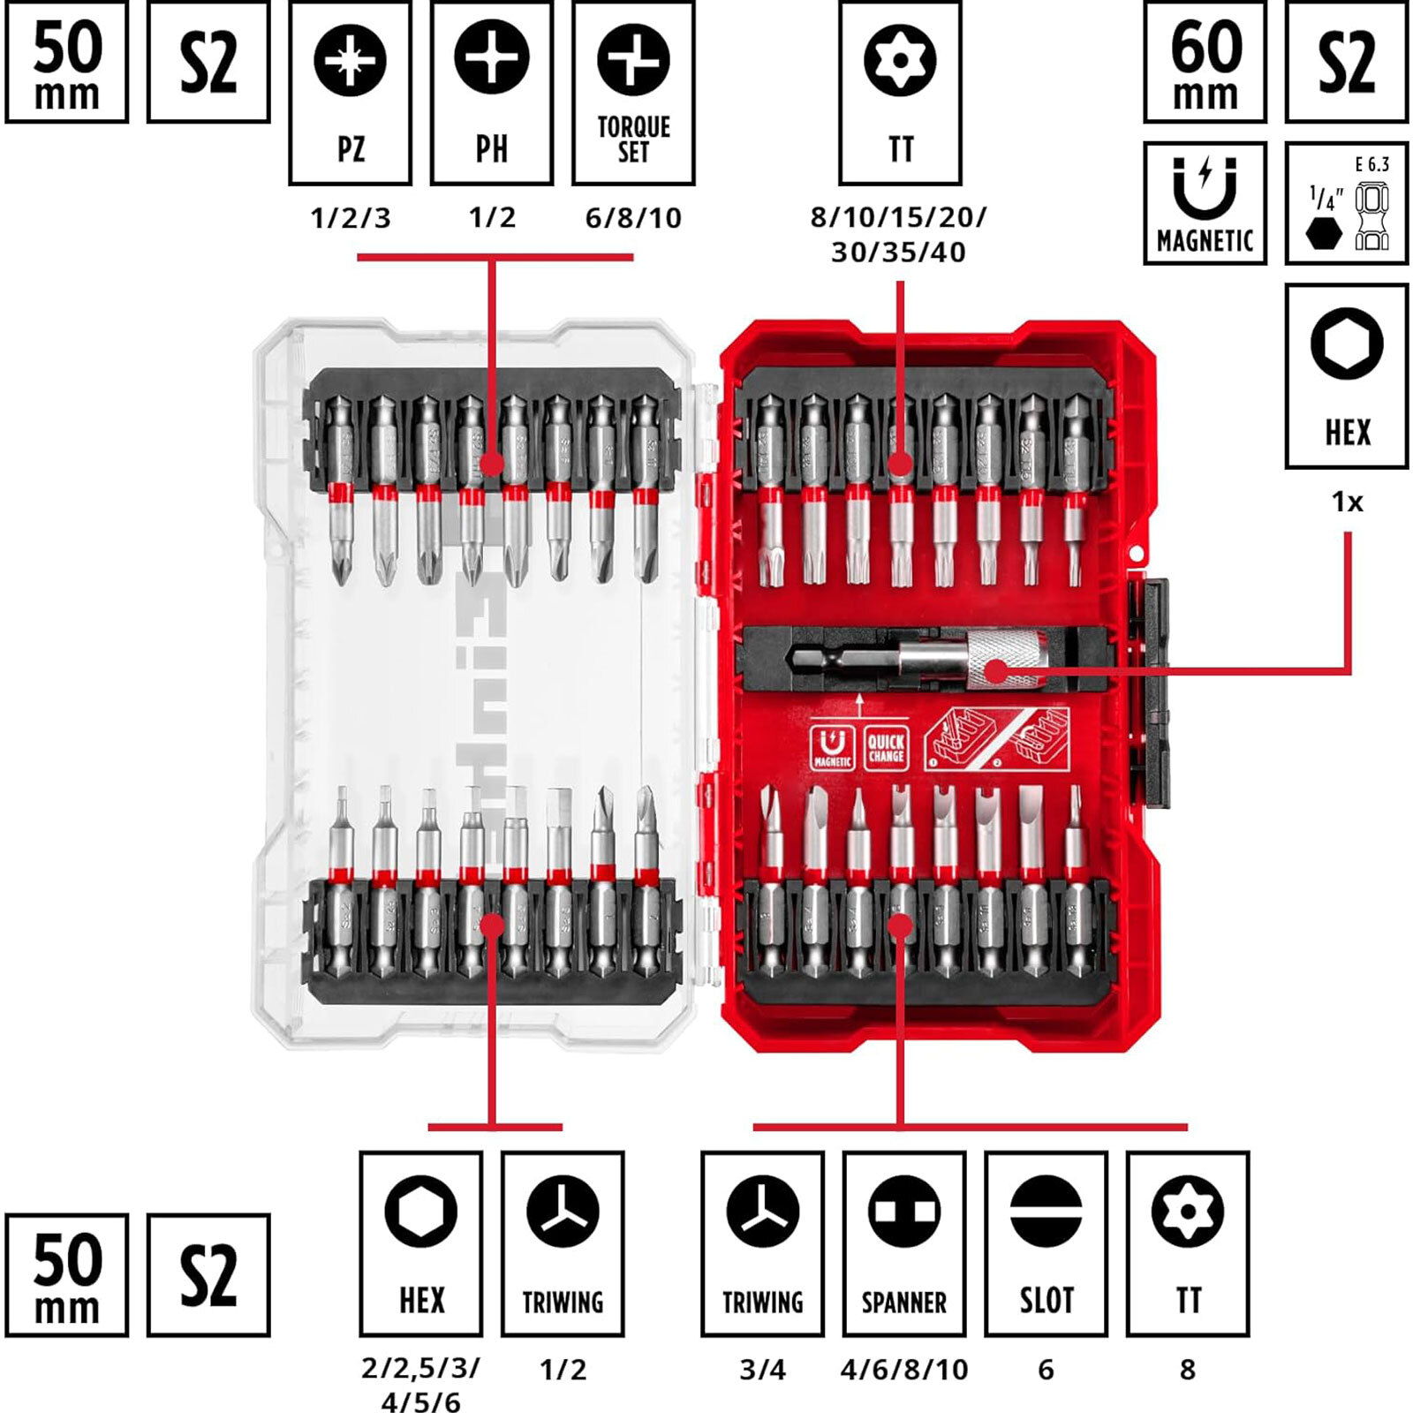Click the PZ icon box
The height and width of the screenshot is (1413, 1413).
(350, 93)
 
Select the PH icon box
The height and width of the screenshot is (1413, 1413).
(492, 93)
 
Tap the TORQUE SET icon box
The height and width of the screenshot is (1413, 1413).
(633, 93)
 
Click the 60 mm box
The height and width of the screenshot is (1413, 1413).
(1205, 62)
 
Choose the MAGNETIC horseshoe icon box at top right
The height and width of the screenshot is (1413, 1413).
(1205, 203)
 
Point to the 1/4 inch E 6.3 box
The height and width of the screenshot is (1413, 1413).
(1346, 203)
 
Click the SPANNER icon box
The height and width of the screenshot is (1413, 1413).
(903, 1243)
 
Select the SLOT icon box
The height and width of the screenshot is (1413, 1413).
(1046, 1243)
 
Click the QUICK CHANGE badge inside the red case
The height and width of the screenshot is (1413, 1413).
(885, 748)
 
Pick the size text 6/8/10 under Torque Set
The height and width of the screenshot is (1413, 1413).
(633, 218)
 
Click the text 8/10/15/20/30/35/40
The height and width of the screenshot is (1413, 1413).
(899, 235)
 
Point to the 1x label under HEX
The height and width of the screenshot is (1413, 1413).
(1347, 502)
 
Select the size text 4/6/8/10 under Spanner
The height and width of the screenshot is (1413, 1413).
(903, 1370)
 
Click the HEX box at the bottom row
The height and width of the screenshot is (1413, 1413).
(421, 1243)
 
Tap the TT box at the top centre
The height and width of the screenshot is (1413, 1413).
(900, 93)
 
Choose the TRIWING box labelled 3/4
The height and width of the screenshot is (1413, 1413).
(762, 1243)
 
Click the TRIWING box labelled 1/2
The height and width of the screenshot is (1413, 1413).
(563, 1243)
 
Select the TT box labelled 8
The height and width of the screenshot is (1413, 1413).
(1187, 1243)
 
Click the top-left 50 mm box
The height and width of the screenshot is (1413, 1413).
(67, 62)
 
